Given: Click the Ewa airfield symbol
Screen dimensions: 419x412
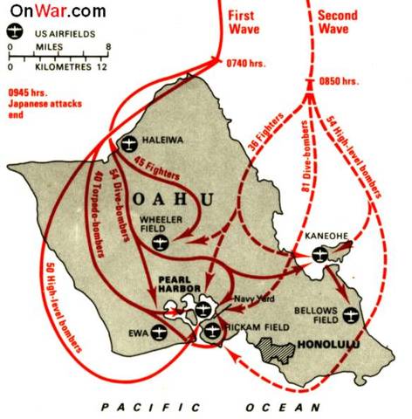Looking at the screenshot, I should point(158,332).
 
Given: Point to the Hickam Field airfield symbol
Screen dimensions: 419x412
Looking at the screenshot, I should point(213,330).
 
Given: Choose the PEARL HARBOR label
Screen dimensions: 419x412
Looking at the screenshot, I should point(180,287).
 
